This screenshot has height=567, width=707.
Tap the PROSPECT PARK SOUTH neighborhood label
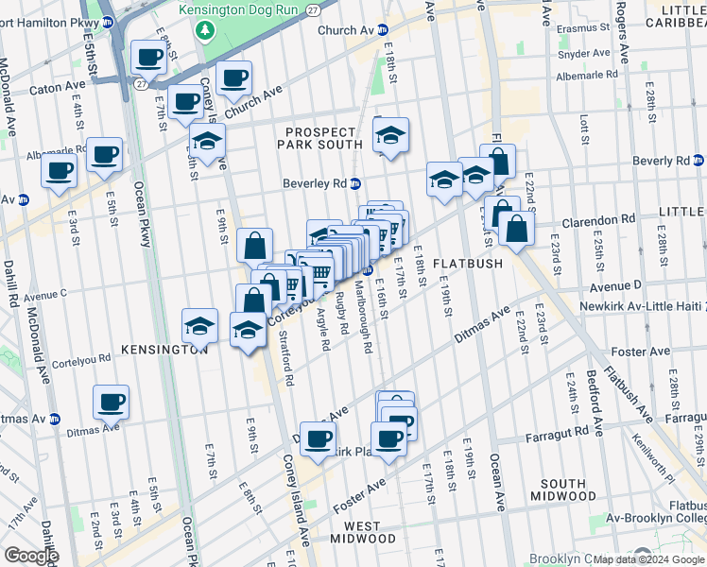tap(320, 137)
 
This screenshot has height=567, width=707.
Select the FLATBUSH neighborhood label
tap(468, 264)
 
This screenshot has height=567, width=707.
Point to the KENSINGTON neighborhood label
tap(164, 350)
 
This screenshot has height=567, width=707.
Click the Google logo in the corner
tap(31, 556)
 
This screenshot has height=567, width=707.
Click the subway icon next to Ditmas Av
tap(54, 419)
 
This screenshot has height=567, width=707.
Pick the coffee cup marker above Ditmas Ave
tap(112, 403)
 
